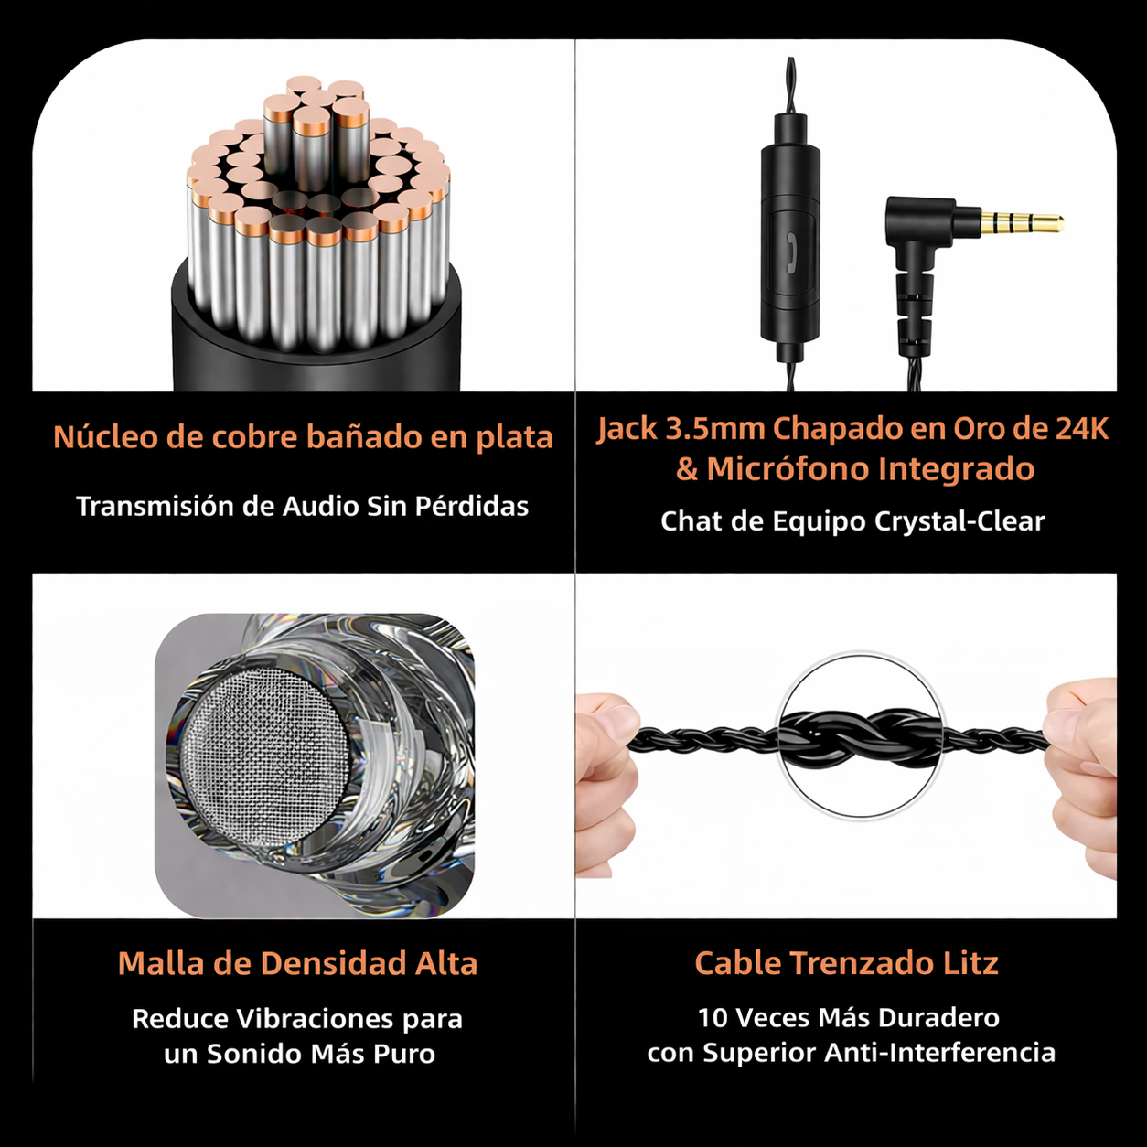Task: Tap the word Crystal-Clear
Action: [x=959, y=521]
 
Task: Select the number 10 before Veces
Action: [x=713, y=1018]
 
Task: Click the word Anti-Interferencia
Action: [x=940, y=1053]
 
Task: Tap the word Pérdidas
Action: [x=471, y=507]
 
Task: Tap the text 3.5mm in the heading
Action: [x=714, y=429]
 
